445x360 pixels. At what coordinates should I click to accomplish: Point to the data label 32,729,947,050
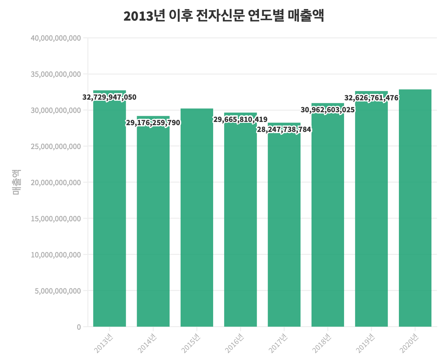[110, 97]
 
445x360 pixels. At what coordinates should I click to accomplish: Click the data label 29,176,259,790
[153, 123]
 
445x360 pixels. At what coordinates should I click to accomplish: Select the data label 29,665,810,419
[240, 120]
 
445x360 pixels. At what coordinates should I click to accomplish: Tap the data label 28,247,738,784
[284, 130]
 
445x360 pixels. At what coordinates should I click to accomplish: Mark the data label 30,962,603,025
[328, 110]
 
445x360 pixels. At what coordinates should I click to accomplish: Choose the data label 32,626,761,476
[371, 98]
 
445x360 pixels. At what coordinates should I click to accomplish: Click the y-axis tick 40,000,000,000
[56, 38]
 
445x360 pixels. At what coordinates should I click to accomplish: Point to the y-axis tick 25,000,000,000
[56, 146]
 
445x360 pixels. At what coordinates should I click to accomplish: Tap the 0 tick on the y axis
[79, 327]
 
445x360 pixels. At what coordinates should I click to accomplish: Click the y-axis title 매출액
[16, 182]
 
